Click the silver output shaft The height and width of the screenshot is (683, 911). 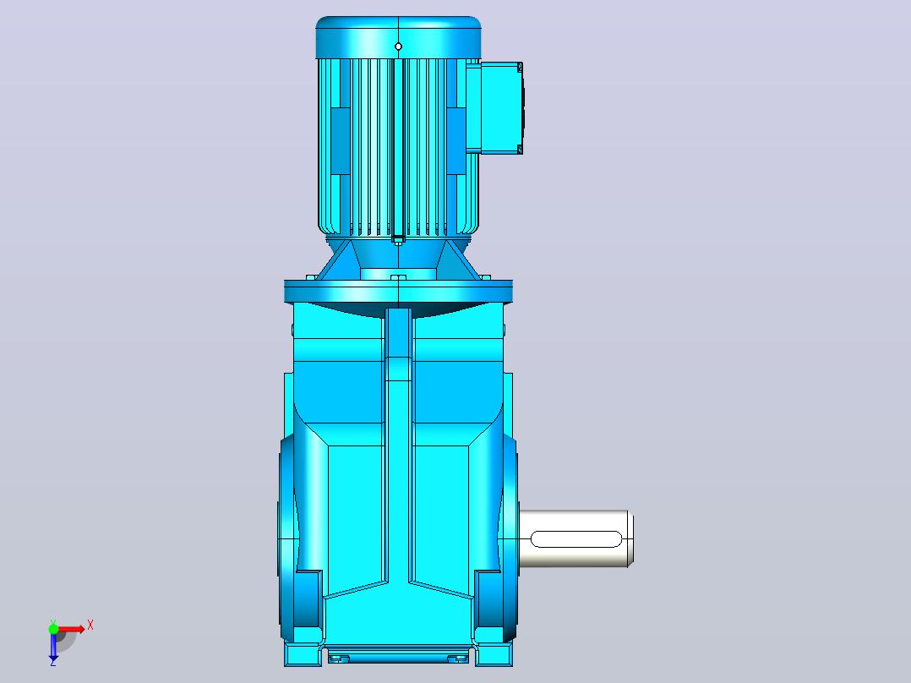[576, 538]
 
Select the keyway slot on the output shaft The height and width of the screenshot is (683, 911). [576, 538]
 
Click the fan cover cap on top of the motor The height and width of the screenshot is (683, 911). [399, 37]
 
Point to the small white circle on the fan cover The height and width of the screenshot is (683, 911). [398, 46]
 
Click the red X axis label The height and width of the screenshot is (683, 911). [90, 626]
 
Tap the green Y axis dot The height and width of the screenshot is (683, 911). [53, 629]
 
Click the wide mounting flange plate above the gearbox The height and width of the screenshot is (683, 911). [399, 291]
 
